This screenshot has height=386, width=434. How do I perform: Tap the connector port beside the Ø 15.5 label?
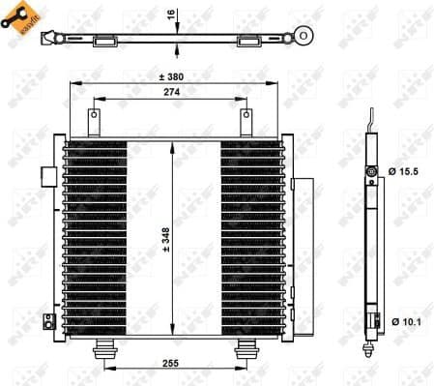click(x=371, y=172)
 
